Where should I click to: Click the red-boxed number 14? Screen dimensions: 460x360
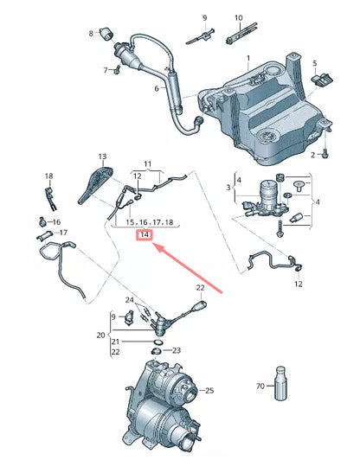(x=145, y=235)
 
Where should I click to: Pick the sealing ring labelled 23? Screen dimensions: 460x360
(x=157, y=351)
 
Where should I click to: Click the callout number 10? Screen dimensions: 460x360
(x=238, y=17)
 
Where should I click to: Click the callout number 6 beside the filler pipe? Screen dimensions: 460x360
(x=157, y=88)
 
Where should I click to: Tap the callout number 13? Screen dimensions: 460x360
(x=101, y=157)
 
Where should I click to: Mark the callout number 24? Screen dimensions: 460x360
(x=131, y=301)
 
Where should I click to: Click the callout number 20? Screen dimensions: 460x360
(x=100, y=334)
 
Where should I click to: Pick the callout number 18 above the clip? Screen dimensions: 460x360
(x=48, y=175)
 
